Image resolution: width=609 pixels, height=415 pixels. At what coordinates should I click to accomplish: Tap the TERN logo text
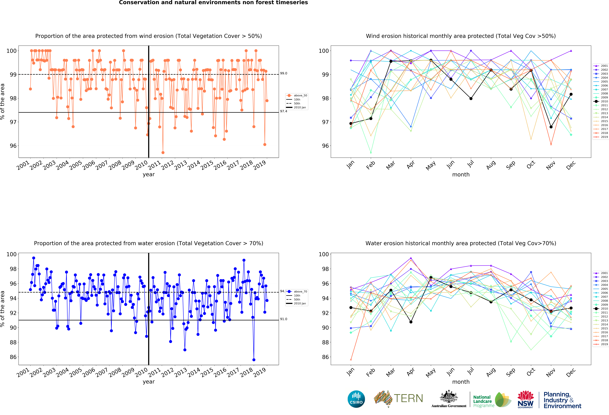coord(408,398)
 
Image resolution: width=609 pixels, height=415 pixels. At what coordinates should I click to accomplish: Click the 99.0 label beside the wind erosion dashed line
coord(284,73)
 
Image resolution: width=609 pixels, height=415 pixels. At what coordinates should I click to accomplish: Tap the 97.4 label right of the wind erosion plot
coord(284,111)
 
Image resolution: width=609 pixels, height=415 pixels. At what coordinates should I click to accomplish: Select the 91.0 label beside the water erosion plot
coord(284,319)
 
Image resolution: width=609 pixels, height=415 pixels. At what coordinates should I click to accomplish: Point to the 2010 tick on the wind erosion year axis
coord(142,165)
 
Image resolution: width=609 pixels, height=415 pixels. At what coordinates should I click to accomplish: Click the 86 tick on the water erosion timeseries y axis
coord(13,357)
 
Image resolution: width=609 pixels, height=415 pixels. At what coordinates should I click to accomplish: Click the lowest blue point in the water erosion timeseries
coord(254,360)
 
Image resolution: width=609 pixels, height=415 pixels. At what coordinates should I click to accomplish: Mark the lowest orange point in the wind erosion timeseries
coord(163,152)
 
